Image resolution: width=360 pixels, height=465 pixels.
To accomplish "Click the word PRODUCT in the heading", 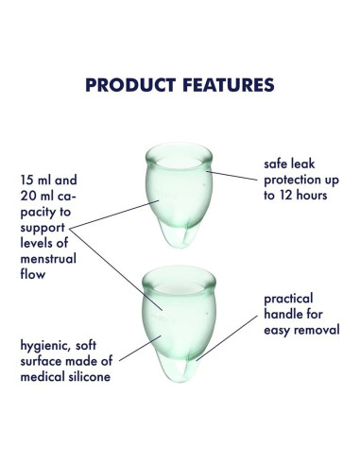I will tap(129, 85).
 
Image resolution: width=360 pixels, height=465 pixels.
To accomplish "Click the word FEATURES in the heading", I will tap(225, 85).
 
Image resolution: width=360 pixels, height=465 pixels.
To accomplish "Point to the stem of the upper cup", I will tap(180, 237).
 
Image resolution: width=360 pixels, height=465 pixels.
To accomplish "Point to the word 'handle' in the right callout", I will tap(283, 314).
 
